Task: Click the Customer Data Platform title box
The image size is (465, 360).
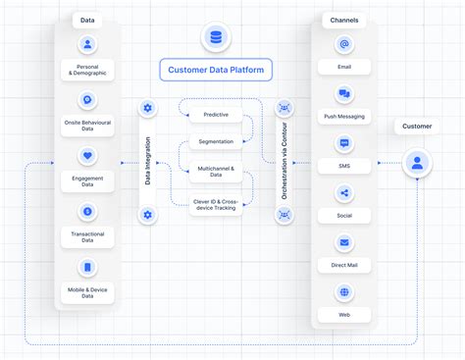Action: (216, 70)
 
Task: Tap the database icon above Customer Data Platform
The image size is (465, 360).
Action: (216, 38)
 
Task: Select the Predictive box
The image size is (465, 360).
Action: (216, 115)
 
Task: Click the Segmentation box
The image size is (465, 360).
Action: (216, 141)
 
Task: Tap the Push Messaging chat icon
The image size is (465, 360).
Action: (343, 95)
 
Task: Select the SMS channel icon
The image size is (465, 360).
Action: (343, 144)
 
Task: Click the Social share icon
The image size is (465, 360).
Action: (343, 193)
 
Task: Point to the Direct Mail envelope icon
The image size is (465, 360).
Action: (343, 242)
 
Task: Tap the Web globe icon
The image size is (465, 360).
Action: (343, 291)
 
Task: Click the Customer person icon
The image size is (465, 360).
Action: (417, 163)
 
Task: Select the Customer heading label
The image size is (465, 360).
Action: (417, 127)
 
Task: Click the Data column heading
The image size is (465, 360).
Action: (87, 19)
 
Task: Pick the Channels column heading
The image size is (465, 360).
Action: (343, 19)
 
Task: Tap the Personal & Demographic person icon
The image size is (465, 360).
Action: (87, 44)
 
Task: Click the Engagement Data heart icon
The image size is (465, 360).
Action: (87, 155)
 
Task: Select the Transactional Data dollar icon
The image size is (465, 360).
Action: (87, 211)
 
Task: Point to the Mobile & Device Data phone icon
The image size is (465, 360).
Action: (87, 267)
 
